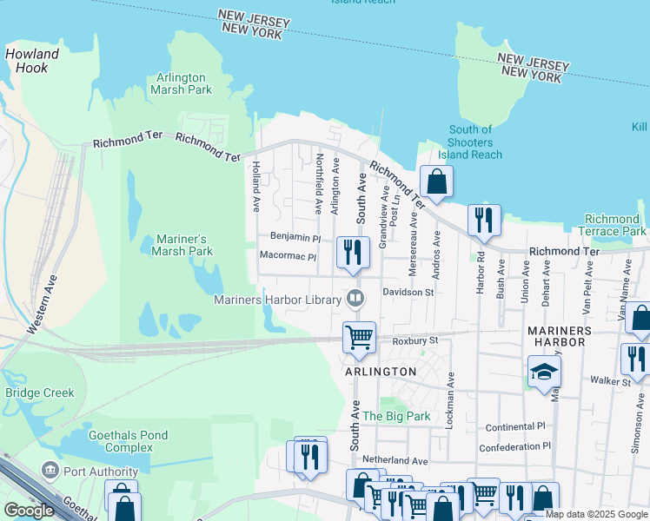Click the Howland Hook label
(x=32, y=61)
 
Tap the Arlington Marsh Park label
(x=181, y=83)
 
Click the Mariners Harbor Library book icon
(x=355, y=300)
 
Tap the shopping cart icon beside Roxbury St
(x=359, y=336)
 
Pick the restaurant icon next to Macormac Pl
(x=353, y=252)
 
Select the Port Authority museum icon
(x=50, y=470)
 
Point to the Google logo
(x=29, y=511)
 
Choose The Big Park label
(x=396, y=416)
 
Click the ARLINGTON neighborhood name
(x=381, y=371)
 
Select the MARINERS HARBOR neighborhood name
(x=560, y=337)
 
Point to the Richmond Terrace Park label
(x=615, y=226)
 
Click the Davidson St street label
(x=408, y=293)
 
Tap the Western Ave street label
(x=43, y=307)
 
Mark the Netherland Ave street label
(x=395, y=460)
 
